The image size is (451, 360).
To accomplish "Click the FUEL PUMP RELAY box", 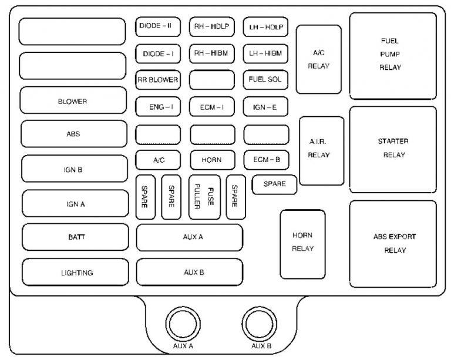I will point(393,55).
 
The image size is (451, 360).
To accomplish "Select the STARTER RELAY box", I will point(393,149).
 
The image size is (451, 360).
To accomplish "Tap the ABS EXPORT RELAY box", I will point(393,244).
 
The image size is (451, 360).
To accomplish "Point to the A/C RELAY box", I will point(318,59).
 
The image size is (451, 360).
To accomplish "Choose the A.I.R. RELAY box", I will point(321,149).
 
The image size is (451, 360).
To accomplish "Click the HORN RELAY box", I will point(303,243).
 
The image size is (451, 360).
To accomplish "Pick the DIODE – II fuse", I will point(157,26).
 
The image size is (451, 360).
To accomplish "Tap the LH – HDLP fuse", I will point(265,26).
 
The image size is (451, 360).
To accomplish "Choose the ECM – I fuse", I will point(211,107).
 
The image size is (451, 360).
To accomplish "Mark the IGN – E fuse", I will point(265,107).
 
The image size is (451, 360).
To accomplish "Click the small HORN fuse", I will point(211,160).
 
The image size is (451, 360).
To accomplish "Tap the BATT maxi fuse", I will point(75,237).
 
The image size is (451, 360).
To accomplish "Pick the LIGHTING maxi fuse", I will point(76,272).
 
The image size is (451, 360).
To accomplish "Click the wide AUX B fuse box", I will point(190,272).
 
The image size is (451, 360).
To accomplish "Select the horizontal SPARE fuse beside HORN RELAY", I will point(274,184).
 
